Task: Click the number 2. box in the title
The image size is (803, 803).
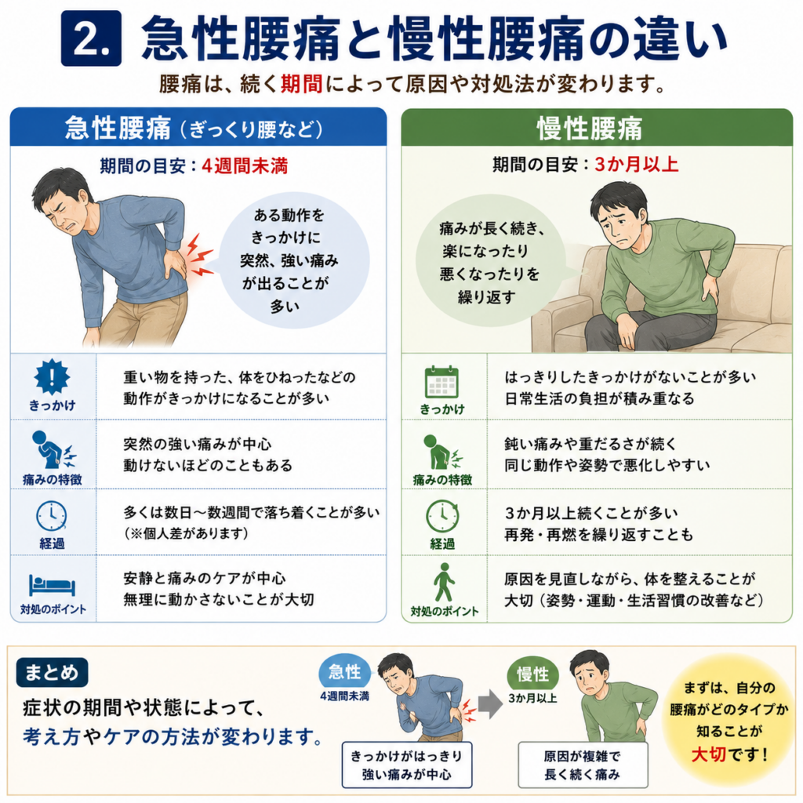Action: [91, 38]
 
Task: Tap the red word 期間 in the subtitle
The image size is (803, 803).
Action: [302, 84]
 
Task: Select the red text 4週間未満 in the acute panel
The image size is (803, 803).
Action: [245, 165]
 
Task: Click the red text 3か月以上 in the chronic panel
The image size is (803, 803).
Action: [637, 164]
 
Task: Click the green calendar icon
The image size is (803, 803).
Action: [441, 382]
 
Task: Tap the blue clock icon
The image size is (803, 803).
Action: [51, 516]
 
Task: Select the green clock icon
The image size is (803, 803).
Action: [442, 516]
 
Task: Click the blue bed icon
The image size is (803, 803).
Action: [52, 585]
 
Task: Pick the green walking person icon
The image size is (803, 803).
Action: [444, 583]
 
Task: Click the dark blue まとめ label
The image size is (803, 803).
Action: [52, 672]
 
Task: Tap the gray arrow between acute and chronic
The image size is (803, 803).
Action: [489, 703]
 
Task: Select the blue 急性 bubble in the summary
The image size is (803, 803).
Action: [345, 672]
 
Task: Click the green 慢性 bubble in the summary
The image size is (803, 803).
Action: [532, 674]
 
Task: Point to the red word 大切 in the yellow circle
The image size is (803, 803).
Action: [709, 754]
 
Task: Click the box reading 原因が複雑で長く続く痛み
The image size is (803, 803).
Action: [583, 765]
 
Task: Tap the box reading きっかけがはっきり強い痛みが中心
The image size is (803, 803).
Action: [407, 765]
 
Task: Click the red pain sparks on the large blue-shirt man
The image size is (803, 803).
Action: [199, 255]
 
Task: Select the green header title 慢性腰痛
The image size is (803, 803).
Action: [590, 128]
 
